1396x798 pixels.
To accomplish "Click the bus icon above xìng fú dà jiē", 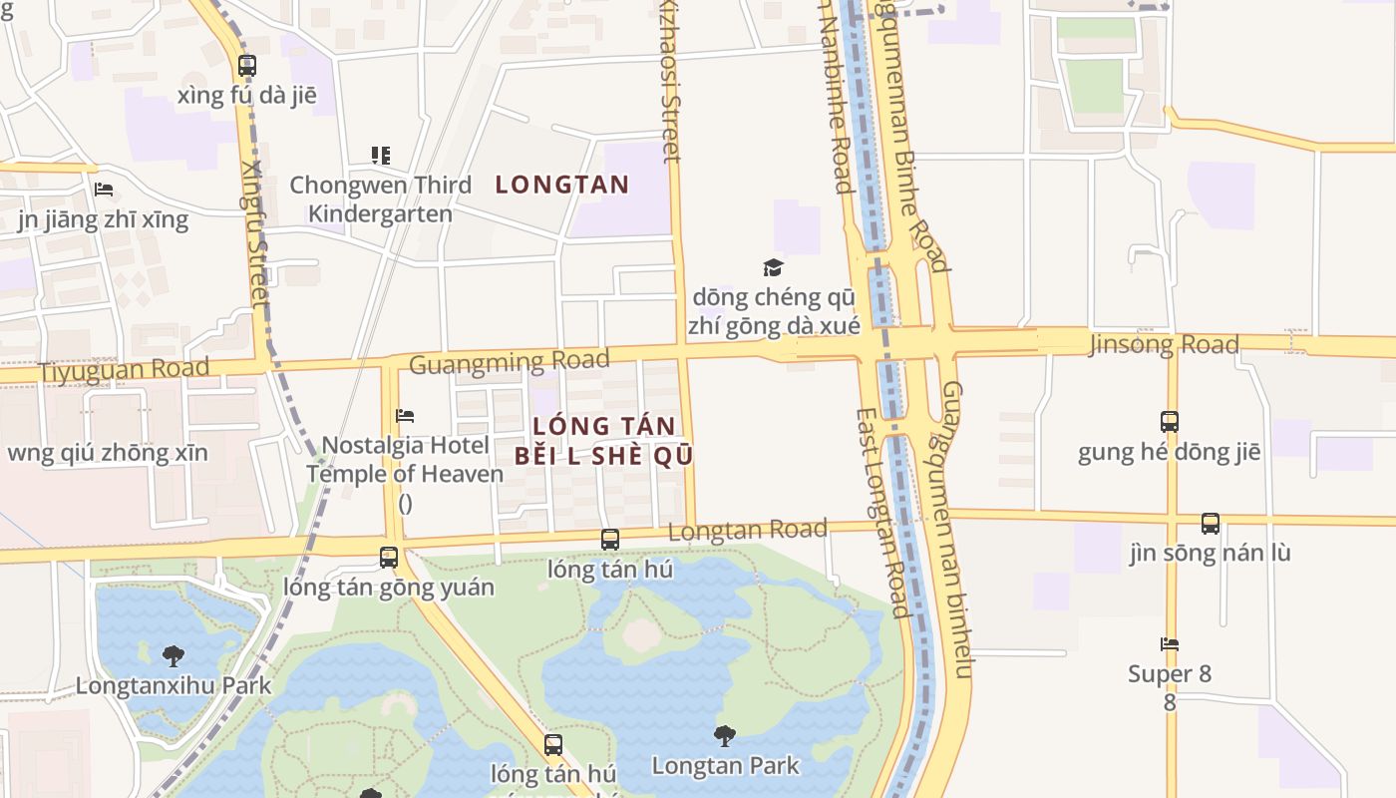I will (x=246, y=66).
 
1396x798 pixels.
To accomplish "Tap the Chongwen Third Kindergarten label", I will (x=380, y=199).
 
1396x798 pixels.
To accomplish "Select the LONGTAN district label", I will (x=562, y=185).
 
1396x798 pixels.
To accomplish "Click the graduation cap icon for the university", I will (x=773, y=267).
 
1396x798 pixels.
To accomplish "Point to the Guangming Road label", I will (x=509, y=361).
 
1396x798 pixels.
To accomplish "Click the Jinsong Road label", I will (x=1164, y=345).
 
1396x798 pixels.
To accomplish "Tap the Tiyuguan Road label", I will (x=125, y=368).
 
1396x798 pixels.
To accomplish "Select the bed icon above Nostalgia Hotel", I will (x=405, y=416).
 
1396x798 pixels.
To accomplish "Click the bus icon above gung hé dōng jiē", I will (x=1170, y=422).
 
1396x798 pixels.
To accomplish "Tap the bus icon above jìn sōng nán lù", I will (x=1210, y=524).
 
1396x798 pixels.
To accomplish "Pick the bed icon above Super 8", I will (x=1170, y=644).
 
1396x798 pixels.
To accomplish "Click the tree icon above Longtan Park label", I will (x=725, y=737).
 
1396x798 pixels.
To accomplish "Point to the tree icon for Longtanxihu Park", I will (x=174, y=656).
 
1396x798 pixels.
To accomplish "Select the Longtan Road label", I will (x=747, y=530).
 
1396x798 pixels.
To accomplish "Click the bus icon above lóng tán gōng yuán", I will (x=389, y=558).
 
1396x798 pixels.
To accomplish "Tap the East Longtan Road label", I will (x=881, y=511).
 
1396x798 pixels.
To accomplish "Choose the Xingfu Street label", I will (x=255, y=233).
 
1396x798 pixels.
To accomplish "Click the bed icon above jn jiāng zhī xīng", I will (x=103, y=190).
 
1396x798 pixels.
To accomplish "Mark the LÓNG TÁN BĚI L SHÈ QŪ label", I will (x=603, y=441).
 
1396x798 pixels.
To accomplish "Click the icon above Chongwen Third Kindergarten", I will (x=380, y=156).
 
